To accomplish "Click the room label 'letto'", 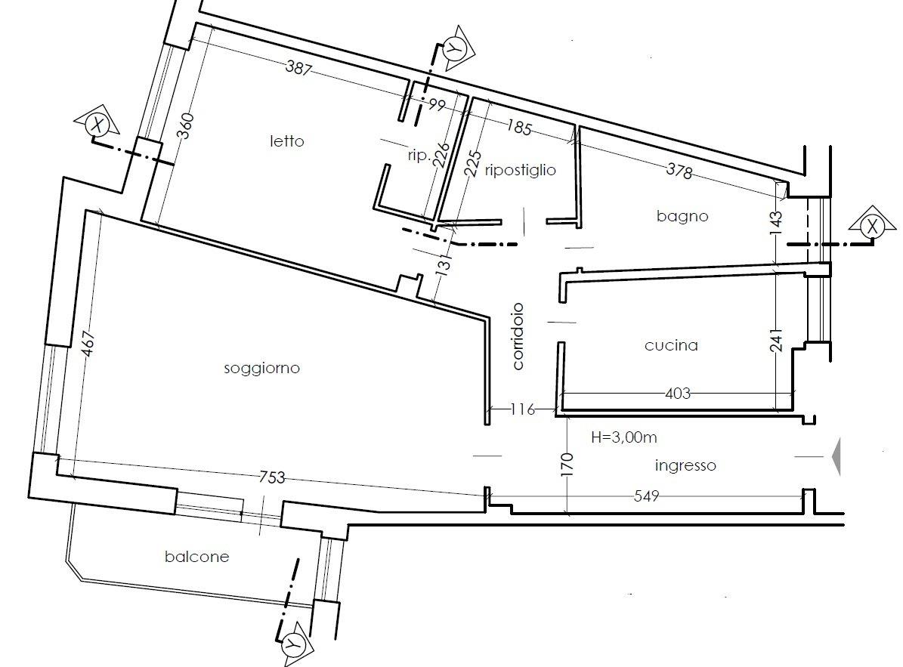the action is click(x=287, y=141).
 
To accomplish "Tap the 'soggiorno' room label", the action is click(x=262, y=369).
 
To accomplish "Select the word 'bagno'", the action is click(x=682, y=216).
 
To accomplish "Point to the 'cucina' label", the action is click(x=672, y=345).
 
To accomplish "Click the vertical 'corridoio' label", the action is click(x=518, y=336).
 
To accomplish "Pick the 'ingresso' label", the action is click(x=685, y=465).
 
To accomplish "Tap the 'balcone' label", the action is click(x=197, y=557).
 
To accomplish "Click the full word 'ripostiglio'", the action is click(x=521, y=171).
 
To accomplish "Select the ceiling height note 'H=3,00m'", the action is click(x=624, y=437).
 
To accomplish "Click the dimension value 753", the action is click(x=272, y=477).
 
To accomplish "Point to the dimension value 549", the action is click(x=646, y=496).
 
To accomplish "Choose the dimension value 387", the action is click(x=299, y=69).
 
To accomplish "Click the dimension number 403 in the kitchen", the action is click(x=677, y=394).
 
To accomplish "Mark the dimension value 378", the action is click(x=679, y=171).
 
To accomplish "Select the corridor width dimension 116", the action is click(x=523, y=409).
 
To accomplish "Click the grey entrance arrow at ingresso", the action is click(x=836, y=456).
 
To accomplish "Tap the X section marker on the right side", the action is click(x=873, y=226).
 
